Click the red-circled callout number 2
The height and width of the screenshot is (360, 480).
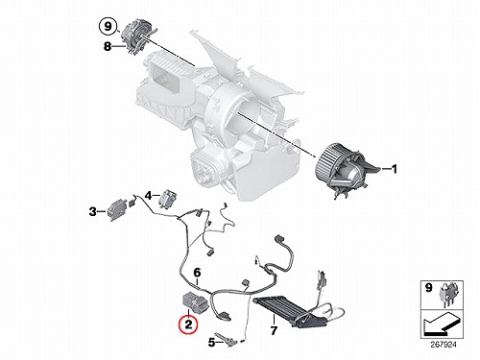point(188,324)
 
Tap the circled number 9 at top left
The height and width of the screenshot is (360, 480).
point(108,26)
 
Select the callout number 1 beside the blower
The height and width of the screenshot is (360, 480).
point(394,168)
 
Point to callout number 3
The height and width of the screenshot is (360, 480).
point(93,211)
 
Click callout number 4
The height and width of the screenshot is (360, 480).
point(148,195)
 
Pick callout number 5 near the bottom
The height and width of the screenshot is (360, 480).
point(211,343)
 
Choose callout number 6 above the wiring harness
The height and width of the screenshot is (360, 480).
point(197,273)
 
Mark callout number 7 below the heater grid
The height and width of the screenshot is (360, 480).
point(274,330)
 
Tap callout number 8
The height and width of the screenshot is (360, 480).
point(108,46)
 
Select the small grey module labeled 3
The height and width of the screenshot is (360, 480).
point(115,209)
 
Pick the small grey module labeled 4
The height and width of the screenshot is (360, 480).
point(169,199)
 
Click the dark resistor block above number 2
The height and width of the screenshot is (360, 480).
point(195,302)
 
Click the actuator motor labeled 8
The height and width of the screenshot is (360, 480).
point(138,36)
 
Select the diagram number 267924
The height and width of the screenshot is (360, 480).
point(444,345)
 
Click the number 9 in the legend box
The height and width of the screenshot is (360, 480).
point(428,287)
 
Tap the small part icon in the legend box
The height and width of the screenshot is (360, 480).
point(450,295)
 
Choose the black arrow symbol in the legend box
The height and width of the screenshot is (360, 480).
point(444,324)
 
